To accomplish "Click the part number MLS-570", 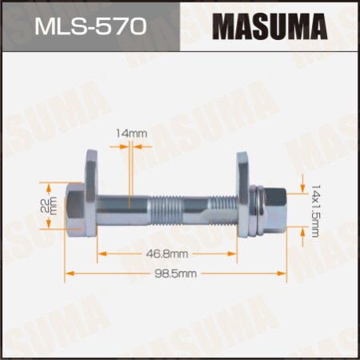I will pyautogui.click(x=90, y=26).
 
